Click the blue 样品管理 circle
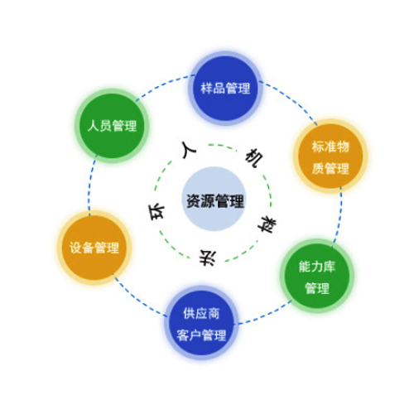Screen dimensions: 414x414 (x=225, y=89)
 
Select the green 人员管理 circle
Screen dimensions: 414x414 (x=112, y=126)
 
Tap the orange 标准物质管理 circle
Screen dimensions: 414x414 (x=330, y=156)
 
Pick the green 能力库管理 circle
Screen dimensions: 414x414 (x=317, y=276)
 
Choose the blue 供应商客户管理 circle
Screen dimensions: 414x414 (x=201, y=323)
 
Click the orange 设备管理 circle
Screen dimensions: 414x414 (x=94, y=248)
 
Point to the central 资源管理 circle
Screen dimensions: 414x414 (x=214, y=199)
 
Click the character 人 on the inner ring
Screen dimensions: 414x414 (x=189, y=150)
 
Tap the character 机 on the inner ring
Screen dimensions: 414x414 (x=254, y=158)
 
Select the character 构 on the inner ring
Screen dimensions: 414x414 (x=267, y=224)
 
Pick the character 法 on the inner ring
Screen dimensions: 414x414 (x=208, y=258)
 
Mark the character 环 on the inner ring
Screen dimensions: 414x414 (x=156, y=212)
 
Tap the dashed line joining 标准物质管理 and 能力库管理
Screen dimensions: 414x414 (x=339, y=215)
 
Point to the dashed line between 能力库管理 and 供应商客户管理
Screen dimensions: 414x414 (x=265, y=315)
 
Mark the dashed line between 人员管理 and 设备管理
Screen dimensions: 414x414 (x=90, y=185)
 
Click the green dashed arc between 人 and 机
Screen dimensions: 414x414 (x=222, y=146)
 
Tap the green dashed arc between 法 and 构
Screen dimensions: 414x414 (x=243, y=251)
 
